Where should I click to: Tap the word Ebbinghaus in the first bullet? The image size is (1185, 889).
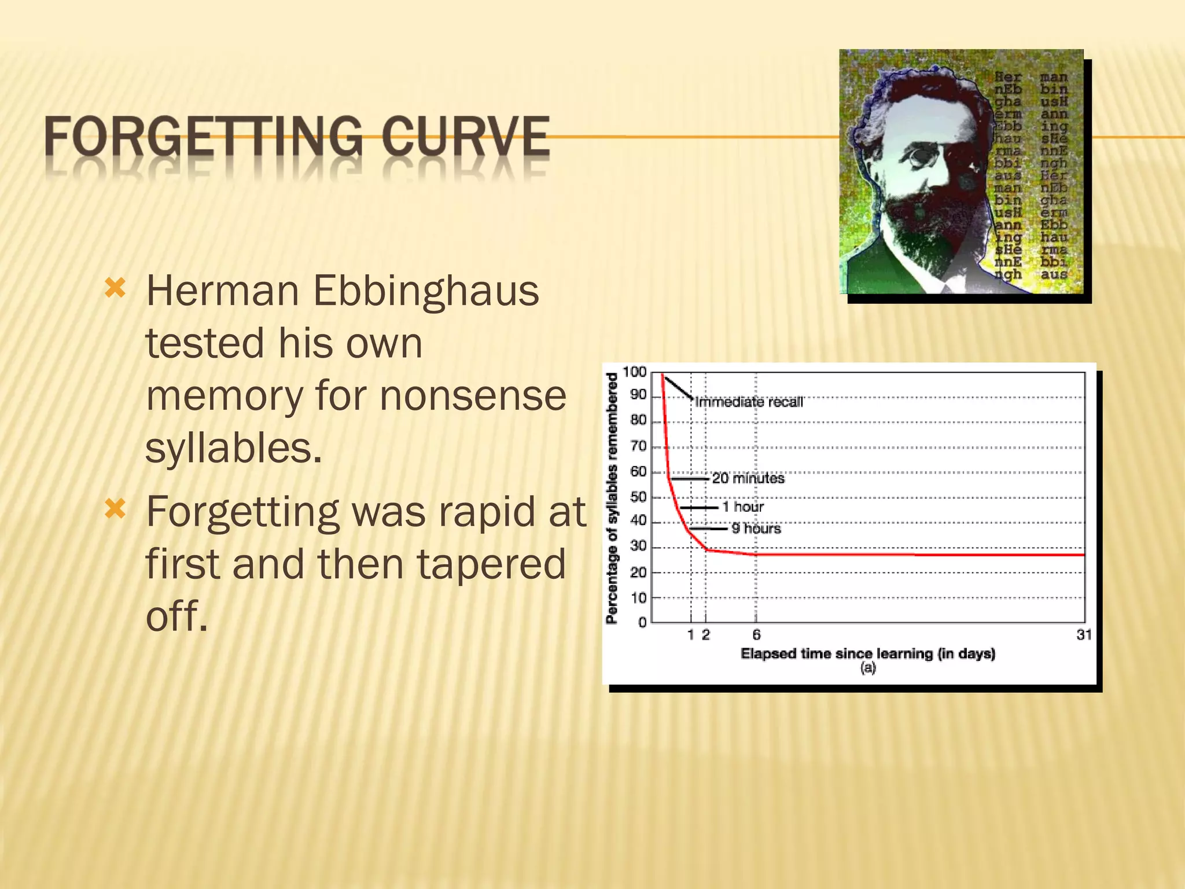click(426, 291)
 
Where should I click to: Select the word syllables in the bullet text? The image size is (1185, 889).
click(233, 448)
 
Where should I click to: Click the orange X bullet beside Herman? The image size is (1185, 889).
click(115, 288)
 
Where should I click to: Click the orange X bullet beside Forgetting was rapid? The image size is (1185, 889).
click(115, 509)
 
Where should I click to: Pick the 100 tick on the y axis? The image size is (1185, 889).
click(634, 372)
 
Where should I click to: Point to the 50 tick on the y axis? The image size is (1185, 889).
click(638, 497)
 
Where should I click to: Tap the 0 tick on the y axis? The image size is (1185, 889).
click(642, 623)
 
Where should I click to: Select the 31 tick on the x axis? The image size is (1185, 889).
click(1084, 635)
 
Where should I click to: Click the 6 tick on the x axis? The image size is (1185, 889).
click(756, 635)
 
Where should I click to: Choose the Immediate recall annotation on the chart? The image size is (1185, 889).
click(749, 402)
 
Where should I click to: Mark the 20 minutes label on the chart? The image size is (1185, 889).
click(748, 478)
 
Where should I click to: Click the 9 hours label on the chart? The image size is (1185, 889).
click(756, 528)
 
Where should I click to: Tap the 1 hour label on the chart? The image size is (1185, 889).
click(743, 507)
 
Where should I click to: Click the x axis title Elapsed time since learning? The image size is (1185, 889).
click(867, 654)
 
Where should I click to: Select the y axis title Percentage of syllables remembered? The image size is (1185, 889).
click(612, 498)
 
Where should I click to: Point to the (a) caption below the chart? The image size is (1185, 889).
click(867, 668)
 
